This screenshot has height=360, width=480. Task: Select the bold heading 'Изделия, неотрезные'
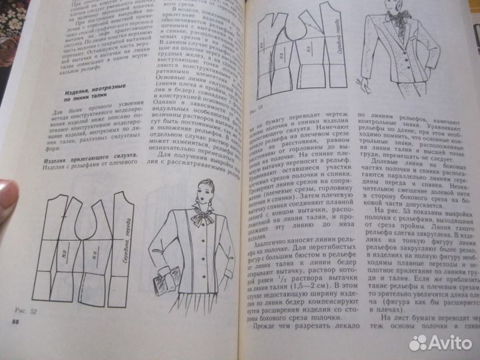pos(101,98)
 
